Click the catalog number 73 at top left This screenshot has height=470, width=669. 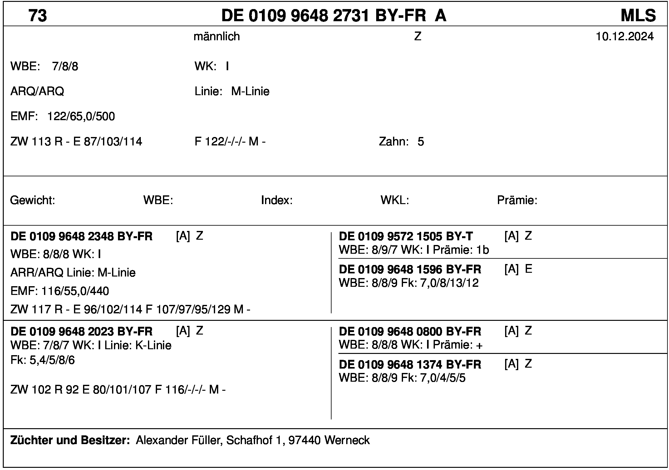tap(37, 16)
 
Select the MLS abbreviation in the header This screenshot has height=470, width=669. tap(638, 16)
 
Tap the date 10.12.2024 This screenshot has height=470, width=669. tap(624, 37)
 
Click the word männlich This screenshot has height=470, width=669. tap(217, 37)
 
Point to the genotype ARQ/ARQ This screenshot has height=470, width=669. tap(37, 91)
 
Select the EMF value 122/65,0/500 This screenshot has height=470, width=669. tap(81, 116)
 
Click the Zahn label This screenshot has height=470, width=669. tap(394, 142)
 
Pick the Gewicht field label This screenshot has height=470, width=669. tap(32, 200)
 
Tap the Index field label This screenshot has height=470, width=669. tap(277, 200)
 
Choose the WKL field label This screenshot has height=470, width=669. tap(395, 200)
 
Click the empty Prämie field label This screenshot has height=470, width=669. tap(517, 200)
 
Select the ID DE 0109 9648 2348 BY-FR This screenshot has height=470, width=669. tap(81, 237)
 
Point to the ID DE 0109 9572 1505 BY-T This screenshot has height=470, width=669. tap(406, 237)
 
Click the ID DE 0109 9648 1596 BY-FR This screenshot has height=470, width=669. tap(410, 269)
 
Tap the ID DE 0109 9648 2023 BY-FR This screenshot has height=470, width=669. tap(81, 331)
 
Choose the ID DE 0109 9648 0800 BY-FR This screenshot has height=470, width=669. tap(410, 331)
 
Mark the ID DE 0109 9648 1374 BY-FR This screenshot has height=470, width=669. tap(410, 365)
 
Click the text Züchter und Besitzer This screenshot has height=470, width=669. tap(70, 440)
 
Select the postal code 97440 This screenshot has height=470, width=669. tap(305, 440)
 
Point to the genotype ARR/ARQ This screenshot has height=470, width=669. tap(37, 273)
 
